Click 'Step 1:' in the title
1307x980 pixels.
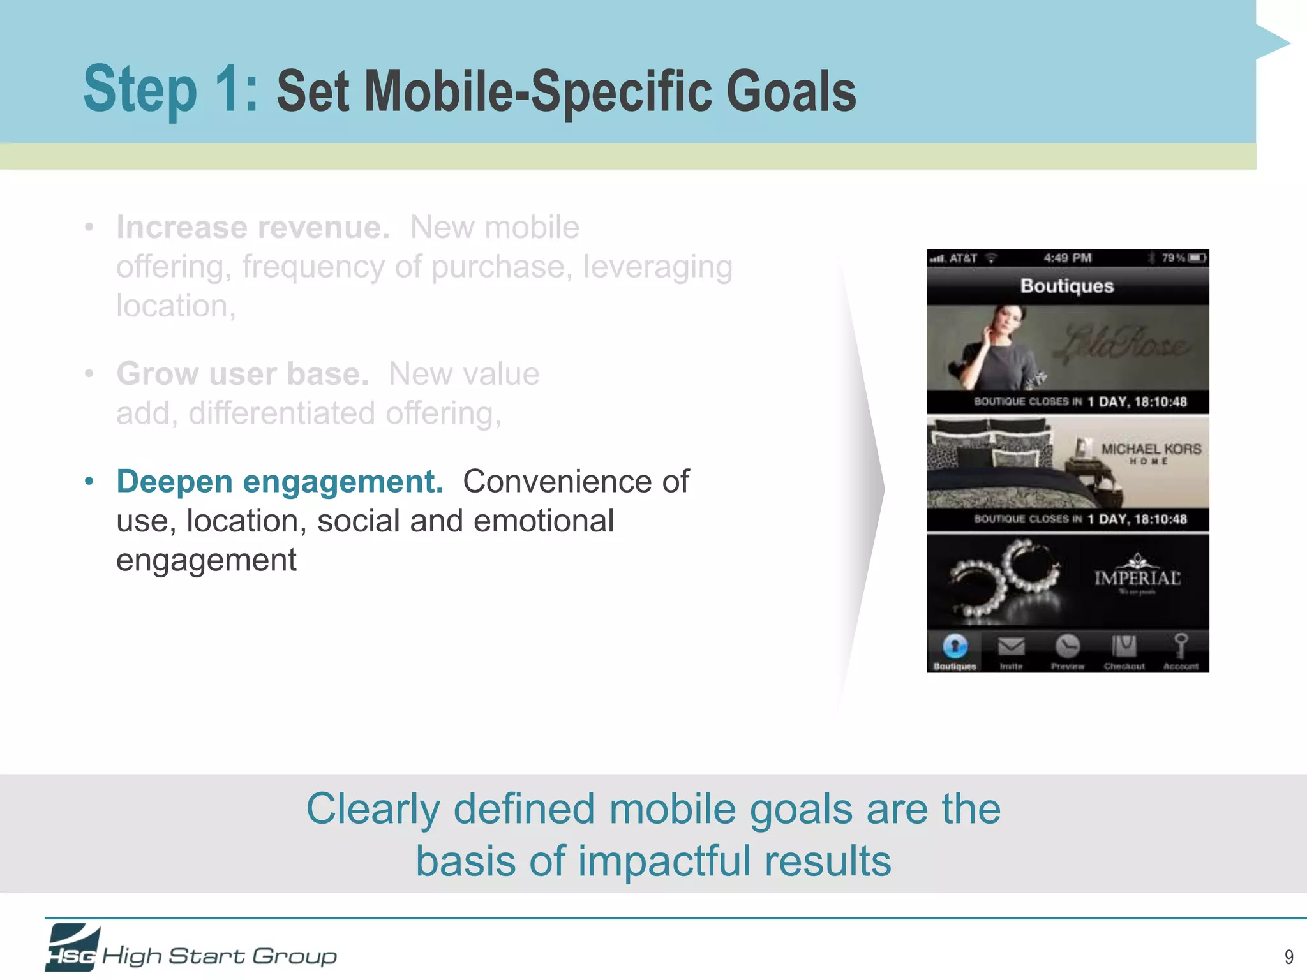pyautogui.click(x=171, y=89)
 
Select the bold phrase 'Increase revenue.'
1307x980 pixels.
pyautogui.click(x=253, y=228)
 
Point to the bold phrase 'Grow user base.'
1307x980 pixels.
pyautogui.click(x=243, y=374)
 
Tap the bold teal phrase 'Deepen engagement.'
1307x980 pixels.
pyautogui.click(x=280, y=482)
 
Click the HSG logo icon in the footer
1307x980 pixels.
pyautogui.click(x=72, y=947)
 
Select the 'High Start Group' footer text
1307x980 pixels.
pyautogui.click(x=220, y=956)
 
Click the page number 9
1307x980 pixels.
pyautogui.click(x=1288, y=956)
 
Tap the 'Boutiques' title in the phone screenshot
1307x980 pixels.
pyautogui.click(x=1067, y=286)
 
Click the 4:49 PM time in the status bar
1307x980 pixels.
pyautogui.click(x=1067, y=258)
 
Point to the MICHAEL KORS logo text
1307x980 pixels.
pyautogui.click(x=1151, y=449)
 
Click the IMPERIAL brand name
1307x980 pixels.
pyautogui.click(x=1137, y=578)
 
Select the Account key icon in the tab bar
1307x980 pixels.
pyautogui.click(x=1181, y=646)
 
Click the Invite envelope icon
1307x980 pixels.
pyautogui.click(x=1011, y=647)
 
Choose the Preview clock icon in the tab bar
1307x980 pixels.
pyautogui.click(x=1067, y=646)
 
